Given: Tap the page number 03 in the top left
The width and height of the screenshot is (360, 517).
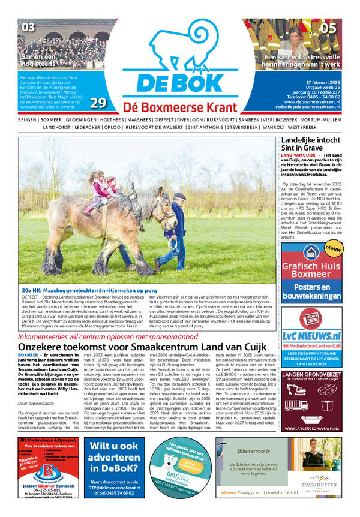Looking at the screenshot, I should [28, 27].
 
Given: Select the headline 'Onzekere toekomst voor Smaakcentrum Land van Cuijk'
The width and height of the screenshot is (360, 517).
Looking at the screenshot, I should [140, 347].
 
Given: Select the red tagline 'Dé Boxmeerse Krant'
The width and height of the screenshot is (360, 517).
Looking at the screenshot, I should [181, 107].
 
